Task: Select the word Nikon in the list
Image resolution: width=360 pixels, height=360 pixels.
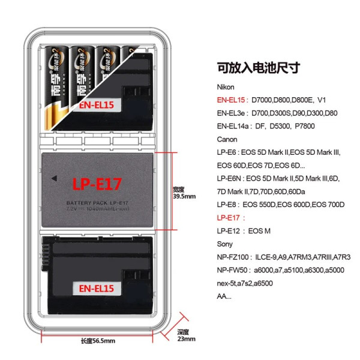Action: (227, 87)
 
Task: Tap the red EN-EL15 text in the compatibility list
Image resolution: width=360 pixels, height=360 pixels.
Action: (232, 100)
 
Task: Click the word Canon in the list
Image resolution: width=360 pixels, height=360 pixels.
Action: (227, 139)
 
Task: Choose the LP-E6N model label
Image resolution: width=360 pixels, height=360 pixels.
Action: (230, 179)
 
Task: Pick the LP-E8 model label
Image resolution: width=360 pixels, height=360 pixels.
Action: (227, 205)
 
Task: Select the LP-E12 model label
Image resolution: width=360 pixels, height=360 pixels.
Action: (229, 231)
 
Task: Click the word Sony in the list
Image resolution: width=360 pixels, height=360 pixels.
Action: (225, 244)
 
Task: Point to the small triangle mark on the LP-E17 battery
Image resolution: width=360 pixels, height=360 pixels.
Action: (55, 178)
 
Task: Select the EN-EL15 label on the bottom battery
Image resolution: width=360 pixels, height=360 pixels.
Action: (95, 287)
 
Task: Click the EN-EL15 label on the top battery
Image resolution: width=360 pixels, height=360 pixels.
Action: (96, 104)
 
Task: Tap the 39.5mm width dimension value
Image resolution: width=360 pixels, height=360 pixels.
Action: (184, 196)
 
